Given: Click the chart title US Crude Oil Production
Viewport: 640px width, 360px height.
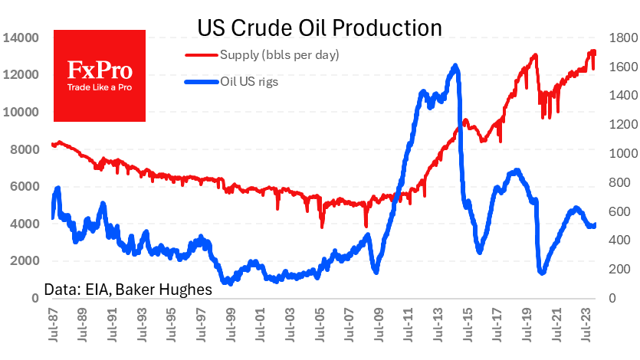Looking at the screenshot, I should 320,28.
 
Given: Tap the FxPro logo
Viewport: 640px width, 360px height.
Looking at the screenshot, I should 100,75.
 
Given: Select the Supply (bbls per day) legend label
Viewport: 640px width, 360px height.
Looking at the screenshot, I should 279,55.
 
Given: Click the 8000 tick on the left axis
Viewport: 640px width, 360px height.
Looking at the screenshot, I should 24,149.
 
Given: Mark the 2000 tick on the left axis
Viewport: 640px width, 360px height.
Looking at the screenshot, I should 24,261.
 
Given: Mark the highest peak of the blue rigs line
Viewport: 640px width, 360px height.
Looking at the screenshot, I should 456,66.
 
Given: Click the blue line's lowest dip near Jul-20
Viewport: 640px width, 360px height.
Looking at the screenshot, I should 543,273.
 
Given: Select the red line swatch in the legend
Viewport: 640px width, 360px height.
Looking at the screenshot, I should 202,55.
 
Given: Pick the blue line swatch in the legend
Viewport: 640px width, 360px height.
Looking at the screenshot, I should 202,81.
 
